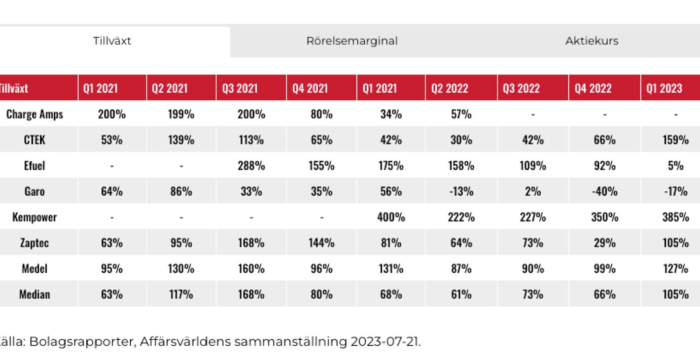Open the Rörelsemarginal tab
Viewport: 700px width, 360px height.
[x=352, y=41]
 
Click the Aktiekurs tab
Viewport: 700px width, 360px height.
[x=591, y=41]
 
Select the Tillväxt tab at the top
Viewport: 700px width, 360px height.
[x=112, y=41]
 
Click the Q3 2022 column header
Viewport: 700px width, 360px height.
[x=521, y=88]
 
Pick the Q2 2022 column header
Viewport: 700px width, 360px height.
[x=449, y=88]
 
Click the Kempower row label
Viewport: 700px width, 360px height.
[x=34, y=217]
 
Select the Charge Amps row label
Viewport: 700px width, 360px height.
[x=34, y=114]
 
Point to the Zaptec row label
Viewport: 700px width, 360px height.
[x=34, y=243]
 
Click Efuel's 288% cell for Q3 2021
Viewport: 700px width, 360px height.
[x=251, y=166]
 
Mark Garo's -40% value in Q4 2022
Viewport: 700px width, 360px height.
[x=604, y=191]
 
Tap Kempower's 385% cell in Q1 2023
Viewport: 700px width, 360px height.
[x=676, y=217]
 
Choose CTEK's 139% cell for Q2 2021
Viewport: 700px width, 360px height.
[x=181, y=140]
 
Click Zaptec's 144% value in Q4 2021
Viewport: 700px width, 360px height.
[x=322, y=243]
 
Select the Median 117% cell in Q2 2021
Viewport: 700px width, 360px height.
[x=181, y=294]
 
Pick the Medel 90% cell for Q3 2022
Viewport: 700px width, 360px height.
[x=533, y=268]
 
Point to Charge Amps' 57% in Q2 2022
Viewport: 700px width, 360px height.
[x=461, y=114]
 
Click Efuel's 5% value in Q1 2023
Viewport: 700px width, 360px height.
[x=676, y=166]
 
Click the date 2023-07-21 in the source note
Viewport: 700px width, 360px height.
[x=384, y=341]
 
